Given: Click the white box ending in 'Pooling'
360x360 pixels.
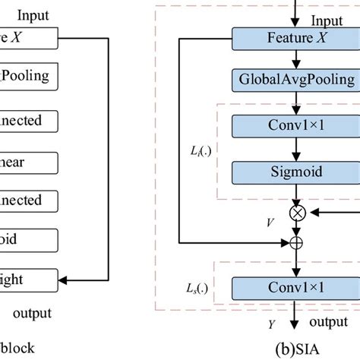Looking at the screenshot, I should (x=27, y=76).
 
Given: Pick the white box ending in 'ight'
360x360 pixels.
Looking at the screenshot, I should (x=27, y=279).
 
